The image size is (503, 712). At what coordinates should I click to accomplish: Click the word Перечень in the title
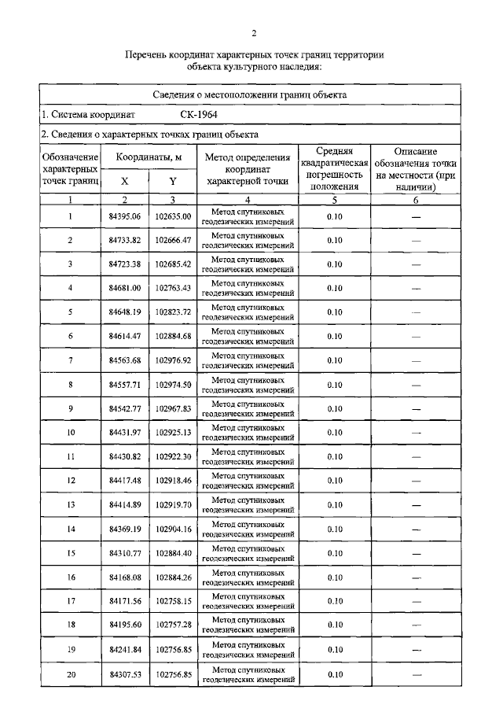coord(150,55)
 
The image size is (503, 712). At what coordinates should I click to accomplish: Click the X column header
coord(124,181)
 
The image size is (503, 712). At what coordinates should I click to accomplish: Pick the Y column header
coord(173,181)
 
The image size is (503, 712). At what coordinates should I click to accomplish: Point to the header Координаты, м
coord(149,157)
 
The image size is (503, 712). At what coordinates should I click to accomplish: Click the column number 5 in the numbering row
coord(334,201)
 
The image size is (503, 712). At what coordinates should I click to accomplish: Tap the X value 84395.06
coord(124,216)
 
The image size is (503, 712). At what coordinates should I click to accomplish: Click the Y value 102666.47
coord(173,240)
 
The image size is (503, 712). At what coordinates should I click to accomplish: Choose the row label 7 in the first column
coord(71,360)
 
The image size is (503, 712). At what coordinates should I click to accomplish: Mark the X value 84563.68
coord(124,360)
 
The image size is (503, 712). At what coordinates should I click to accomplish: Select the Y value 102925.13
coord(173,433)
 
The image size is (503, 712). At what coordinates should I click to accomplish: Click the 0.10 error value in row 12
coord(334,481)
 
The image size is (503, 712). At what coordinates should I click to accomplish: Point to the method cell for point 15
coord(247,553)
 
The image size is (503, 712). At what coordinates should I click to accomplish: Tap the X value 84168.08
coord(124,577)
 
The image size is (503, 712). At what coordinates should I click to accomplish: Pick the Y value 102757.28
coord(173,625)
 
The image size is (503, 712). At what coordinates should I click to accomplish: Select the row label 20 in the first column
coord(71,674)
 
